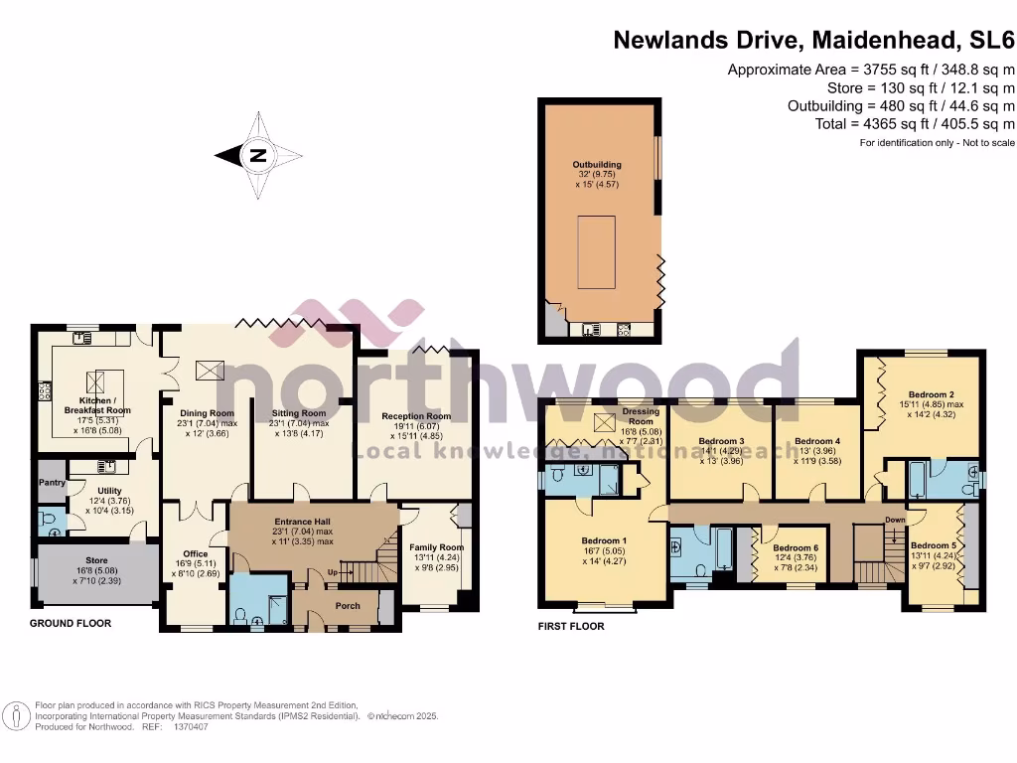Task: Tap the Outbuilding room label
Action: pos(597,165)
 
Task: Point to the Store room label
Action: pos(96,559)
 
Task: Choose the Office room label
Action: pos(195,554)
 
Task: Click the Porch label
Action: pos(349,605)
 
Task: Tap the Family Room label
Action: pos(437,547)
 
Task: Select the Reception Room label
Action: pos(416,416)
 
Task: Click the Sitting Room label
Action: pos(299,413)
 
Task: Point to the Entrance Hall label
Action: pos(303,522)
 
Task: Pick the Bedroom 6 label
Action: pos(796,548)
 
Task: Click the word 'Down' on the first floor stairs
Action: pos(895,520)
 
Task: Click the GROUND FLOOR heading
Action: pos(71,624)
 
